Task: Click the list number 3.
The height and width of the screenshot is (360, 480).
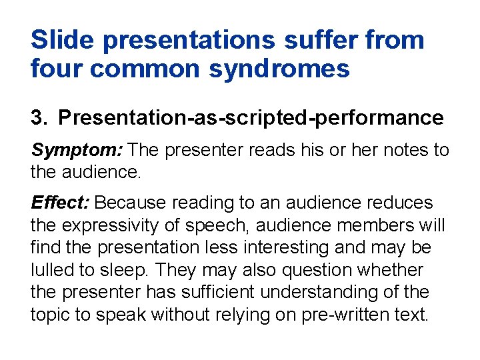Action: [38, 118]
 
